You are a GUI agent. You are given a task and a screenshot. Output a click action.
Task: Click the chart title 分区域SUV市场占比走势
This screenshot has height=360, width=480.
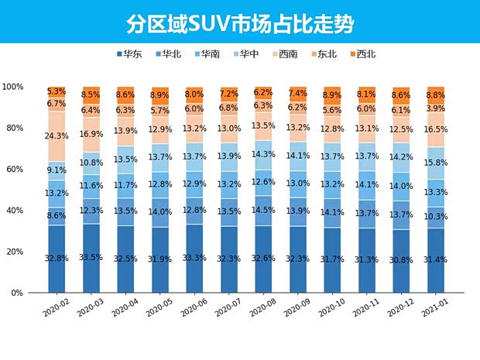[x=240, y=23]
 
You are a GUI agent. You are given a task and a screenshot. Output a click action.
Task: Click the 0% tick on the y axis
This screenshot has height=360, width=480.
[x=16, y=293]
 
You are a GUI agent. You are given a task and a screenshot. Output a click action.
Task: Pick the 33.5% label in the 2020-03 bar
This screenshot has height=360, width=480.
[x=92, y=258]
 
